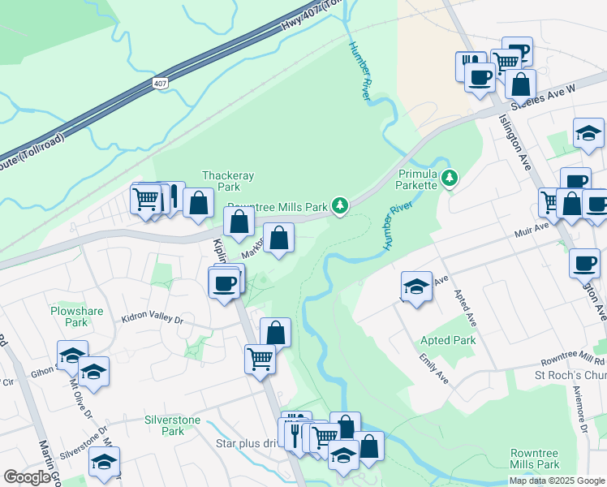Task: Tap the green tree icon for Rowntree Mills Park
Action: point(342,206)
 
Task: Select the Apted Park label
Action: point(448,340)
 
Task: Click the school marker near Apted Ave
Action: point(416,287)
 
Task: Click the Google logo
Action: point(28,477)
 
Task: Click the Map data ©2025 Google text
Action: point(557,481)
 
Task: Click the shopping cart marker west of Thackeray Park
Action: point(146,198)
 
